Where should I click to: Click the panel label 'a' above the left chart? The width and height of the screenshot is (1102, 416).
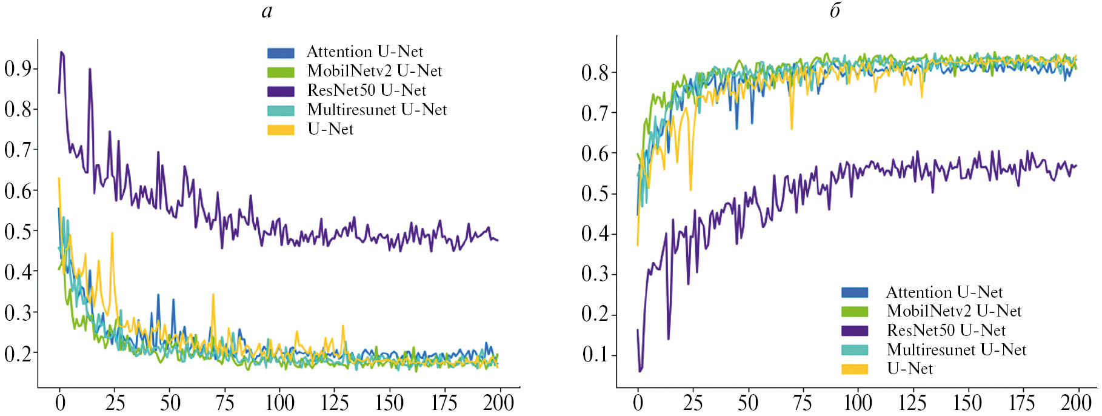click(x=267, y=11)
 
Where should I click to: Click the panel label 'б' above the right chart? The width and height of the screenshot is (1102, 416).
click(x=835, y=11)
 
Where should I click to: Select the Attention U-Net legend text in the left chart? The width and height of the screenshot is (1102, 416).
click(x=364, y=52)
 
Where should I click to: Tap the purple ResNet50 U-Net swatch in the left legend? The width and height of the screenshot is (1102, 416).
click(x=281, y=91)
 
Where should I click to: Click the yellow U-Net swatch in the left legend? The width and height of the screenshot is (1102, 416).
click(x=281, y=130)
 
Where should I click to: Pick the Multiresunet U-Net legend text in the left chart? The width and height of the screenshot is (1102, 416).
click(x=376, y=110)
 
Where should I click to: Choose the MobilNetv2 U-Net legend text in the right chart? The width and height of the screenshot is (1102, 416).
click(x=953, y=311)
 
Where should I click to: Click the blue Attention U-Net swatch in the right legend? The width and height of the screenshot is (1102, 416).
click(x=854, y=292)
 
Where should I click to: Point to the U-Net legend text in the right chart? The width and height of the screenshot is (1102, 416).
click(x=909, y=369)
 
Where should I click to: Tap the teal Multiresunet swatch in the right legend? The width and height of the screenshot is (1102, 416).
click(x=854, y=350)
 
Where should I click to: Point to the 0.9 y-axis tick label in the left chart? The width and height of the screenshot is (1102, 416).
click(x=18, y=69)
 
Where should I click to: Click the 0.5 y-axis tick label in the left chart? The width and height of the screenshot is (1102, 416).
click(x=18, y=232)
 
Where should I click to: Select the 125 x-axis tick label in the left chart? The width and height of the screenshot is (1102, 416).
click(x=334, y=403)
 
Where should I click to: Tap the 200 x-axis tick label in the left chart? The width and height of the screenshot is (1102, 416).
click(x=498, y=403)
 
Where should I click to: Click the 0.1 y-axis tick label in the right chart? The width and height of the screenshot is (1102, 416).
click(x=595, y=355)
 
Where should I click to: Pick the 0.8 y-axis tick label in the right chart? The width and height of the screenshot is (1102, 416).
click(x=595, y=73)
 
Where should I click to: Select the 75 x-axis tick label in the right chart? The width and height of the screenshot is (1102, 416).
click(x=802, y=403)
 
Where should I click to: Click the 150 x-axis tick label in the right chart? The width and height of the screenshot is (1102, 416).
click(x=967, y=403)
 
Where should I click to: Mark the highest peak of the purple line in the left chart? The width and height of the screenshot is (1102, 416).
click(x=61, y=52)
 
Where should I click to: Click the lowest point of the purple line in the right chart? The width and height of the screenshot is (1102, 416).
click(x=640, y=371)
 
